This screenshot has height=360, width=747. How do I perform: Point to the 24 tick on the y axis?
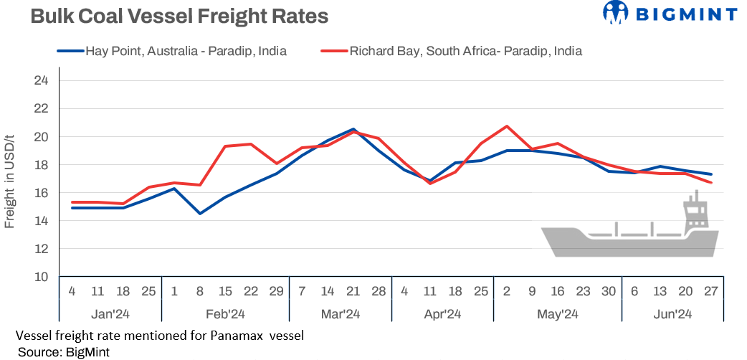click(x=41, y=80)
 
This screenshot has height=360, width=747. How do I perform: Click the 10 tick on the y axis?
click(x=41, y=277)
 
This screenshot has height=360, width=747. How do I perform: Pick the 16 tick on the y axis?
click(x=41, y=193)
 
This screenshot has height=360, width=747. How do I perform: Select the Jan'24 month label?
click(x=110, y=314)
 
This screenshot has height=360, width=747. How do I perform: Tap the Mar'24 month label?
click(x=340, y=314)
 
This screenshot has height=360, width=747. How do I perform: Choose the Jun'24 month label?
click(x=672, y=314)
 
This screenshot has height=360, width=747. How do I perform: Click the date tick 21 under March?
click(x=353, y=292)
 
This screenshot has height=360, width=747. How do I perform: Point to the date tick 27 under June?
click(x=710, y=292)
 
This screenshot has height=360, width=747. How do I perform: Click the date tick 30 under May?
click(x=608, y=292)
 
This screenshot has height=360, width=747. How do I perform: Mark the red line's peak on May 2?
click(x=507, y=126)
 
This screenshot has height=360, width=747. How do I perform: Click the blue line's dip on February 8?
click(x=199, y=214)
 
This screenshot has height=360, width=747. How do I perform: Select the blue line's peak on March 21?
click(x=353, y=129)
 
